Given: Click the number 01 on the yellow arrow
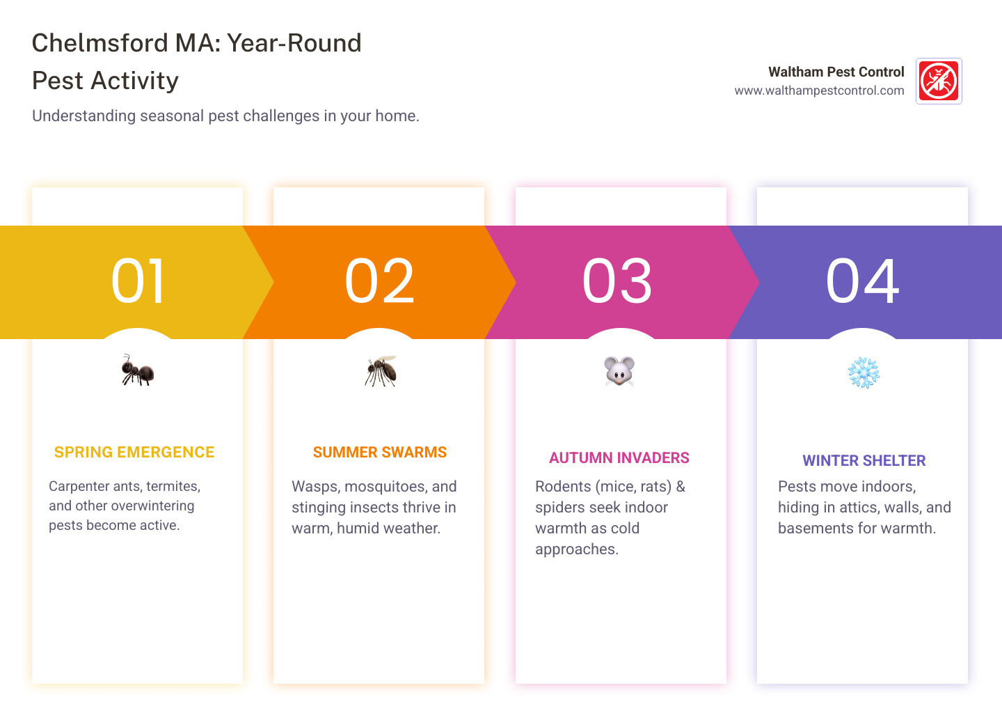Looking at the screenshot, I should coord(138,281).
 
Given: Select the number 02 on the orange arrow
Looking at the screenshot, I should coord(379,281).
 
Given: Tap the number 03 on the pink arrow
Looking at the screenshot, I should coord(617,281).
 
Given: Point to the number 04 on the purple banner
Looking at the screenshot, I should coord(862,281).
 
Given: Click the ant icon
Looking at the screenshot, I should coord(137,370).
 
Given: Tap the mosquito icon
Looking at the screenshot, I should coord(380,371).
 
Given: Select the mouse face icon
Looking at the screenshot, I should coord(619,371).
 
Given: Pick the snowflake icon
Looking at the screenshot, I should coord(863,373).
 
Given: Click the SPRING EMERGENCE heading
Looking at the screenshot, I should coord(134,453).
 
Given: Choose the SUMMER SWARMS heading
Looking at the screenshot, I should coord(380,453).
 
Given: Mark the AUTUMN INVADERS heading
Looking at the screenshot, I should coord(619,458).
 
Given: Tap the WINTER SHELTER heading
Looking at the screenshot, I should coord(864,461).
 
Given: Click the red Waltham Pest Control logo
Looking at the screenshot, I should coord(939,81).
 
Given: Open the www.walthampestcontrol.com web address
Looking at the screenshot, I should coord(819,91).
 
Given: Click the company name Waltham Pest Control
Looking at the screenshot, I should coord(836,72).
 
